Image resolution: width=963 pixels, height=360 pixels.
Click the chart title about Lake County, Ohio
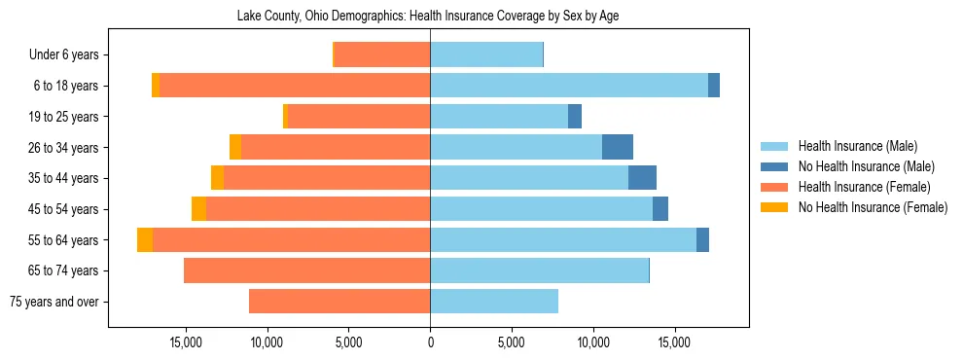[428, 17]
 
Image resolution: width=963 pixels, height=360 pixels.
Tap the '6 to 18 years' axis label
[65, 86]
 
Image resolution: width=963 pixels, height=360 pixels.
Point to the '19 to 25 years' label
[63, 117]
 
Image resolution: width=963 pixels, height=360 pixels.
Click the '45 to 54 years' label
[63, 209]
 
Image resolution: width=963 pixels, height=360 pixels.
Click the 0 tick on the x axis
[430, 342]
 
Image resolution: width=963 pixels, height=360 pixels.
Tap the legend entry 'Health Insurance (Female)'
[864, 187]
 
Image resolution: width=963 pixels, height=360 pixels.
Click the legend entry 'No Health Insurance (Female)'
[873, 207]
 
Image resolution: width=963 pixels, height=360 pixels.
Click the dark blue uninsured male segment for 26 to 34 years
[618, 147]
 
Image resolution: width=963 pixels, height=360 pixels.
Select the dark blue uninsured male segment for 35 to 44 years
[642, 178]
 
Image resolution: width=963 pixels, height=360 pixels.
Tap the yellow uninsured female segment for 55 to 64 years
[145, 239]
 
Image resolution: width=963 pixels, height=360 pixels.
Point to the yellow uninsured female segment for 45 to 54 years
[198, 209]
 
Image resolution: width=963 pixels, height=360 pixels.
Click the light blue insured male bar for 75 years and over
[494, 302]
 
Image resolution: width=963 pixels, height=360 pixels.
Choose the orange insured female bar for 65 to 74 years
[306, 270]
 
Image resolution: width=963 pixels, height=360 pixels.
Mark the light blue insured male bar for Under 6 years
[486, 55]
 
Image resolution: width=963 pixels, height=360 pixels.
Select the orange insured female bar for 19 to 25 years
[359, 117]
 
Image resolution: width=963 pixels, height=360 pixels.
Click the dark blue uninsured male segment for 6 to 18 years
[714, 86]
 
